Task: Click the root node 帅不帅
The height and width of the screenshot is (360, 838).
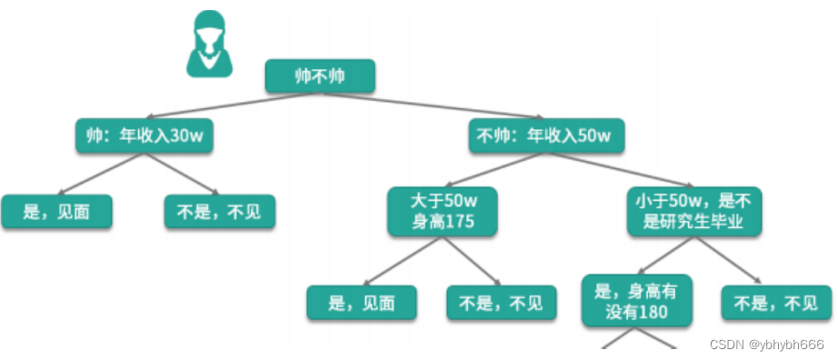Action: (x=320, y=76)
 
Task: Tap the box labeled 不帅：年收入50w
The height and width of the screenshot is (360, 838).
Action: (x=546, y=137)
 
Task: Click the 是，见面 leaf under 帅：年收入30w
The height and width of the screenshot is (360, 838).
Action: (x=56, y=212)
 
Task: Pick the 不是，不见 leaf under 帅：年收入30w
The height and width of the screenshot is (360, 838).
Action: (x=219, y=212)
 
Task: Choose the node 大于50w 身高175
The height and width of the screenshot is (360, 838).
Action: (x=443, y=211)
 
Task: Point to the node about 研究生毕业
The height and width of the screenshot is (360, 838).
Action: (x=693, y=211)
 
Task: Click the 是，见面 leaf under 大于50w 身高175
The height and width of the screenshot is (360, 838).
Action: (x=362, y=303)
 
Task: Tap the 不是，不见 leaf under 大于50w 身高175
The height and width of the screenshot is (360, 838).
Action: (x=501, y=303)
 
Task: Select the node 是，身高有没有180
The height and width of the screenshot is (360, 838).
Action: (x=637, y=300)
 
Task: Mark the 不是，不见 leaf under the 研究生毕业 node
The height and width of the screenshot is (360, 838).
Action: (x=776, y=303)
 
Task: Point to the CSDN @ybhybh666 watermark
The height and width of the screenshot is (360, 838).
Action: (x=765, y=345)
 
